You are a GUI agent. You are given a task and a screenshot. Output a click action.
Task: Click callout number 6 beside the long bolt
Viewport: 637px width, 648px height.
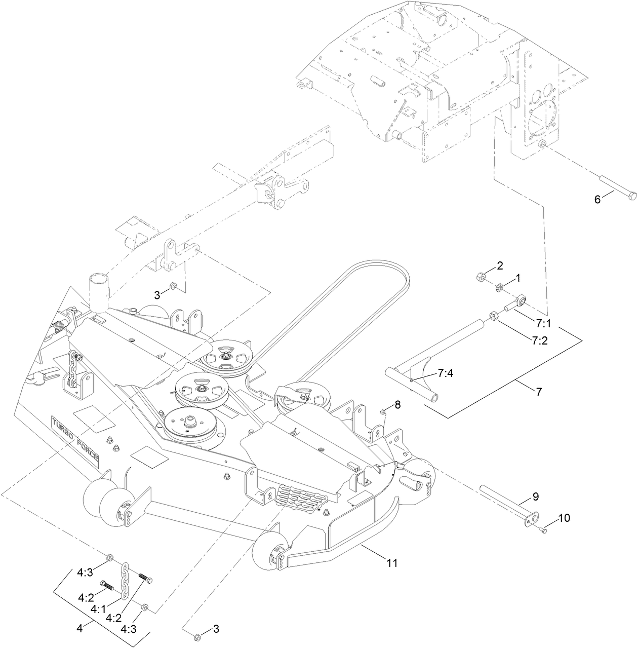pyautogui.click(x=598, y=199)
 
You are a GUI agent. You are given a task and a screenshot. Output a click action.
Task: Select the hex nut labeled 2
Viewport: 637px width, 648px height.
pyautogui.click(x=482, y=277)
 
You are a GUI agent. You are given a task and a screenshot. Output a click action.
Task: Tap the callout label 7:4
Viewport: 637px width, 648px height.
pyautogui.click(x=445, y=373)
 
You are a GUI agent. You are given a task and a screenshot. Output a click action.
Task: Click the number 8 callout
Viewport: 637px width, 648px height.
pyautogui.click(x=397, y=404)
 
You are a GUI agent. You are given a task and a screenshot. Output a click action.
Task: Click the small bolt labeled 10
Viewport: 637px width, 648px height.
pyautogui.click(x=543, y=530)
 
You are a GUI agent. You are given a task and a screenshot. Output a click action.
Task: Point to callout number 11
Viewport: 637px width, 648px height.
pyautogui.click(x=392, y=562)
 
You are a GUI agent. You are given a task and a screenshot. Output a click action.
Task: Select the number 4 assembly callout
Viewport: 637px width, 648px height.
pyautogui.click(x=79, y=628)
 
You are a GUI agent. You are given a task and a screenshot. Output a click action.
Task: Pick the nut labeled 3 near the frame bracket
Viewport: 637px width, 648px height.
pyautogui.click(x=172, y=286)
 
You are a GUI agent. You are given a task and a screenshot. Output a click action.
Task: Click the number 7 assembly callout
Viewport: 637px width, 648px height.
pyautogui.click(x=538, y=391)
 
